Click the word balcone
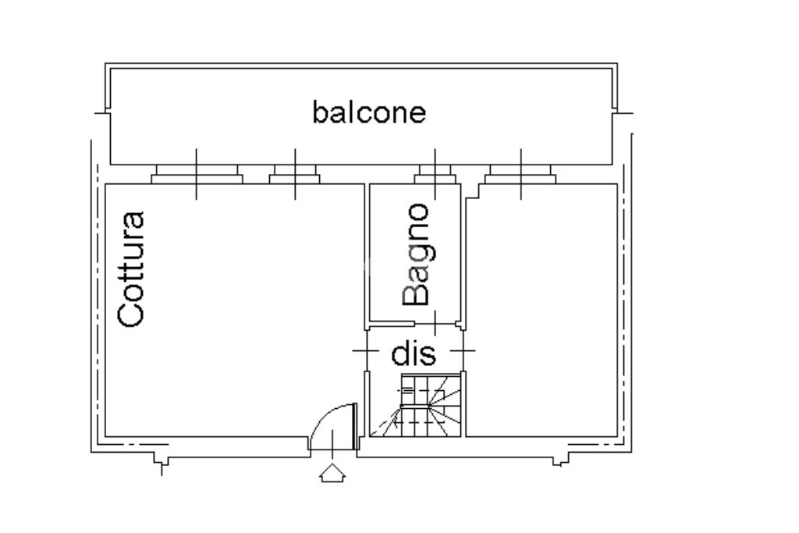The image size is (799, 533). pyautogui.click(x=369, y=112)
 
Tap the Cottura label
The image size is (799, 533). pyautogui.click(x=131, y=268)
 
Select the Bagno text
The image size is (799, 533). pyautogui.click(x=416, y=254)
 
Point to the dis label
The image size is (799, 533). pyautogui.click(x=414, y=354)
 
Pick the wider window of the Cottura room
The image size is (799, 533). pyautogui.click(x=196, y=175)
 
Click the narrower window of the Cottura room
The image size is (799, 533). pyautogui.click(x=294, y=175)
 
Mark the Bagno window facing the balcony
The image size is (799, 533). pyautogui.click(x=435, y=175)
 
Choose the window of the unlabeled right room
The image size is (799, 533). pyautogui.click(x=520, y=175)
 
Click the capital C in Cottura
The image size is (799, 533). pyautogui.click(x=131, y=313)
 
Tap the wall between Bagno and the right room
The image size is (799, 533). pyautogui.click(x=464, y=258)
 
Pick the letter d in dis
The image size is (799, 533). pyautogui.click(x=400, y=354)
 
